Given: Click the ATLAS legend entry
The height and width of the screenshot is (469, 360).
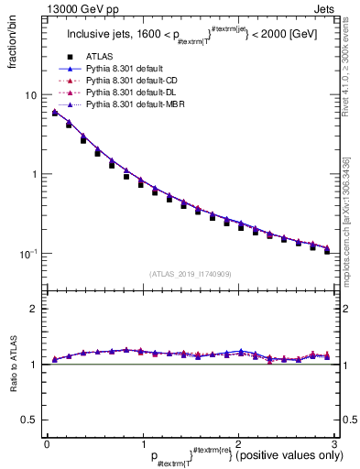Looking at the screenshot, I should [101, 58].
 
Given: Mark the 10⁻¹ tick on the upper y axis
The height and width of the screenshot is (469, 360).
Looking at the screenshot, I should [28, 253].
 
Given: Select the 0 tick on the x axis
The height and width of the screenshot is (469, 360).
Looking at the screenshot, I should [47, 443].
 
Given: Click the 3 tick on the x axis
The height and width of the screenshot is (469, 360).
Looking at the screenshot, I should [335, 443].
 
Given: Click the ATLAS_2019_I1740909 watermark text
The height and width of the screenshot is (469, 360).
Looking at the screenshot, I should [191, 274].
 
